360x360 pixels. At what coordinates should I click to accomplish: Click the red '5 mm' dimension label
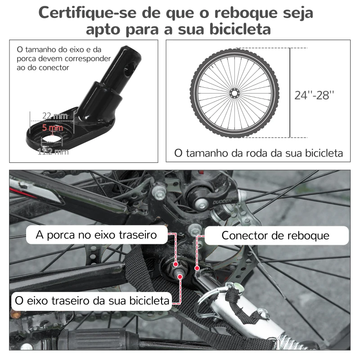[x=52, y=128]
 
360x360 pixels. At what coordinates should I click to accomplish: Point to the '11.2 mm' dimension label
[x=53, y=152]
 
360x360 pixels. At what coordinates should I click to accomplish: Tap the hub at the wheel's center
[x=234, y=93]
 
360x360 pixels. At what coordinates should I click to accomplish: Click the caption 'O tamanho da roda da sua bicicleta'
[x=258, y=153]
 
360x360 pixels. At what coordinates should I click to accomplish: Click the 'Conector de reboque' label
[x=275, y=235]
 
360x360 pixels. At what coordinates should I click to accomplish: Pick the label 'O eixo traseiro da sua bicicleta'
[x=92, y=300]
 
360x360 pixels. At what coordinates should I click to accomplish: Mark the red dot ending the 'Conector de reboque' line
[x=197, y=268]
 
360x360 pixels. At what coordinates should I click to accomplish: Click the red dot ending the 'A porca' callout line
[x=175, y=264]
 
